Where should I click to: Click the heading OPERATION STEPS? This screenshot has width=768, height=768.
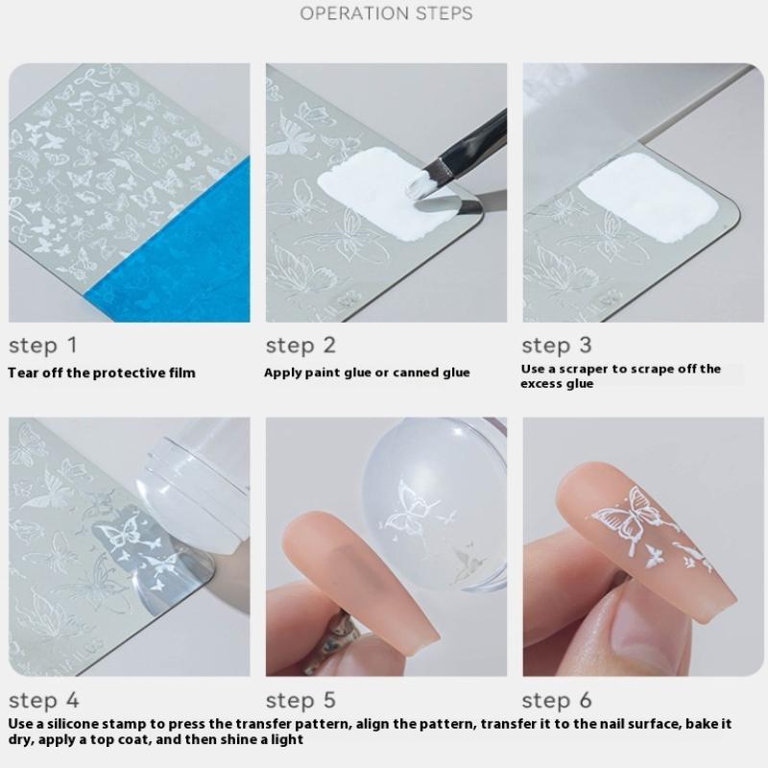387,13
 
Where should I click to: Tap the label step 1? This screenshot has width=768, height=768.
43,346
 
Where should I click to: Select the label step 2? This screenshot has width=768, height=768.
300,346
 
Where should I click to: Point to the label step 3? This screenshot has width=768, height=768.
557,346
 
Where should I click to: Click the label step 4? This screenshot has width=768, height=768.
44,701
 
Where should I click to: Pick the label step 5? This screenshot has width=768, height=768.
300,701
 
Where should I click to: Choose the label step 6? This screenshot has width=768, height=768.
557,701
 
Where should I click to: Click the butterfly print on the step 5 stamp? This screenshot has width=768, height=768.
412,510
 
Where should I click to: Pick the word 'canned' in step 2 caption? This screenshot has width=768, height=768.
416,372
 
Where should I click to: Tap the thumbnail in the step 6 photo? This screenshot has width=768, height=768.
652,632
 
